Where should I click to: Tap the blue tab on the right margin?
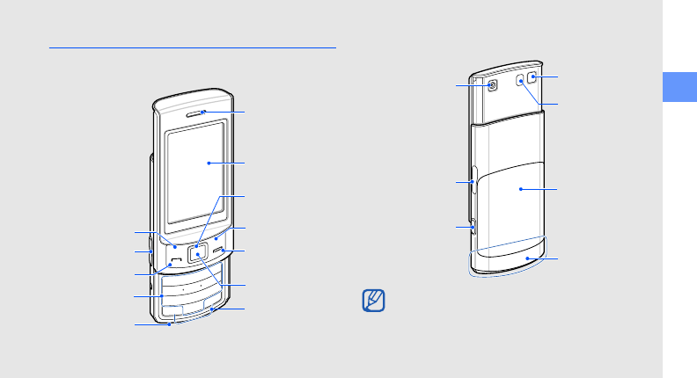679,86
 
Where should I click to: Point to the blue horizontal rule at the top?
194,48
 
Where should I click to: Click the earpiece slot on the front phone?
201,112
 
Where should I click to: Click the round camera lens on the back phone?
492,84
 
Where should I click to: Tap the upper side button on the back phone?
473,182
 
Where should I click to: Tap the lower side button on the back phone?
473,226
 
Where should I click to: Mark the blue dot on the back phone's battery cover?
521,188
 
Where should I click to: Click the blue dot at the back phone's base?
528,258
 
